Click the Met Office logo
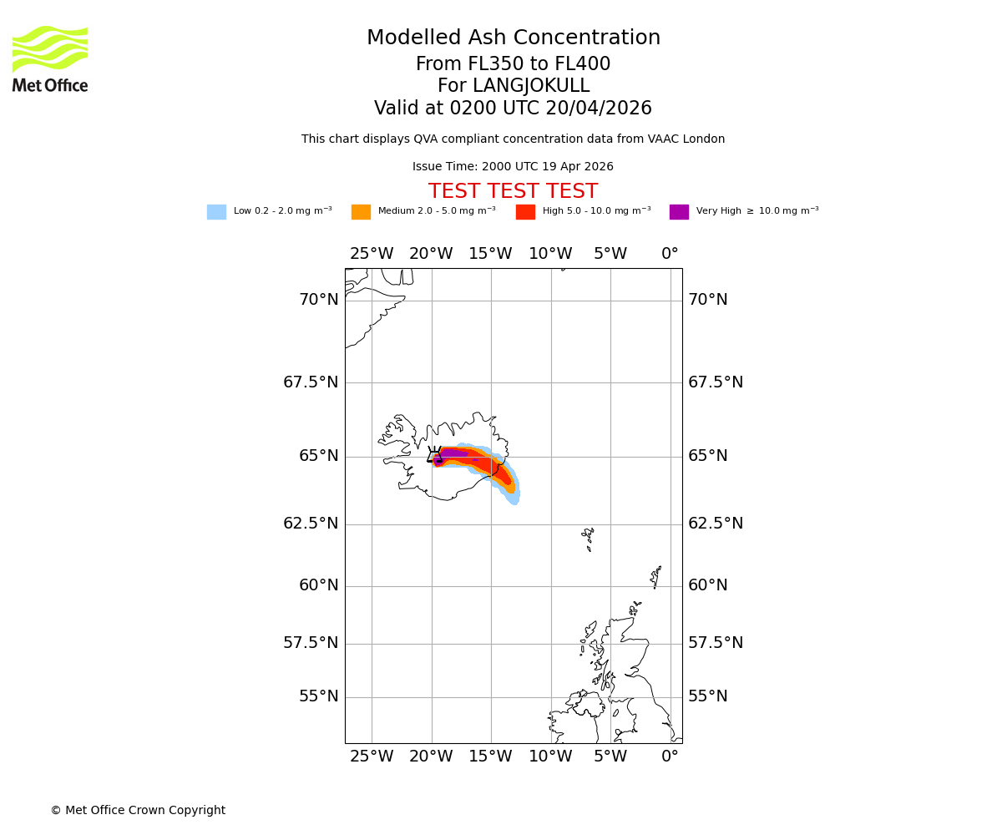[50, 58]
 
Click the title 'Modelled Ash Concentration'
[513, 38]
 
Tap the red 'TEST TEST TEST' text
[513, 192]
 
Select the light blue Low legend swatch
[216, 212]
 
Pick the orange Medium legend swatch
[361, 212]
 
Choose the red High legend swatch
[525, 212]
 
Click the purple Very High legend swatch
[679, 212]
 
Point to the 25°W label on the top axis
[372, 254]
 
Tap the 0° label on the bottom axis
[670, 757]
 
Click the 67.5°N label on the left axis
[311, 382]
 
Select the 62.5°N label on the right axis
[716, 524]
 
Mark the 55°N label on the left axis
[319, 696]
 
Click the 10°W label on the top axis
[550, 254]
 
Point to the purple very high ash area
[453, 453]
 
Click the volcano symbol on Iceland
[434, 455]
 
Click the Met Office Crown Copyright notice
[138, 811]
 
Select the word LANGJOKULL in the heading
[531, 86]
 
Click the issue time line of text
[513, 167]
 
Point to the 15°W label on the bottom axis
[491, 757]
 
